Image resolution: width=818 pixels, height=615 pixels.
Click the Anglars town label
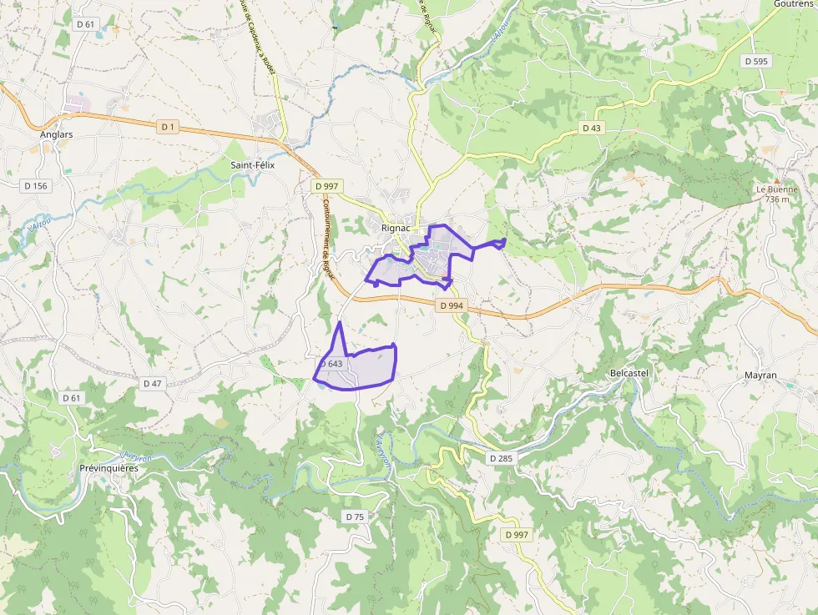coord(57,134)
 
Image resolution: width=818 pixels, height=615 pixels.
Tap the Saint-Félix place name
coord(252,165)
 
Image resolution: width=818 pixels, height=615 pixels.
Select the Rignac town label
coord(394,227)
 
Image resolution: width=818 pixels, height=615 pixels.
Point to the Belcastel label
coord(629,373)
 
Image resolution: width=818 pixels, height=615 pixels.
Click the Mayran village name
coord(760,376)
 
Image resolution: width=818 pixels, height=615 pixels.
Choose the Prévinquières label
coord(109,468)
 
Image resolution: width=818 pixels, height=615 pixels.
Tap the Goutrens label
coord(793,4)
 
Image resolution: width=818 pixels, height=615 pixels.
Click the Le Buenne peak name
coord(777,189)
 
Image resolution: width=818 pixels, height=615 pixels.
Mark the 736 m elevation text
coord(777,199)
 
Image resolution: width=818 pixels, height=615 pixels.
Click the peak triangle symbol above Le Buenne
coord(777,179)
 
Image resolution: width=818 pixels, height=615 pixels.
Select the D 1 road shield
coord(169,126)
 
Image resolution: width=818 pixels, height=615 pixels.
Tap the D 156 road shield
coord(35,185)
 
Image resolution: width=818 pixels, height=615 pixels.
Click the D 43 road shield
coord(591,128)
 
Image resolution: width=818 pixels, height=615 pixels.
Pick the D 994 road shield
coord(450,305)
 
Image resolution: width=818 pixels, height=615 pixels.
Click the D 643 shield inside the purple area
coord(331,364)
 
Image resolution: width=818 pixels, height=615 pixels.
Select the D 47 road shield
coord(152,383)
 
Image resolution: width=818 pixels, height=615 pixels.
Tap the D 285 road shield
coord(501,458)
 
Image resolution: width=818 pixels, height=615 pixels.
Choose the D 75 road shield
coord(355,517)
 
